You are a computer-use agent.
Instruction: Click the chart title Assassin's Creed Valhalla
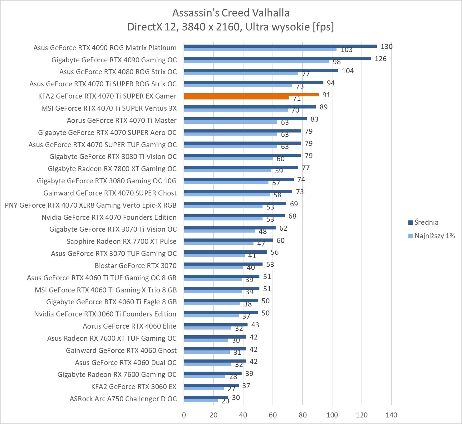coord(231,13)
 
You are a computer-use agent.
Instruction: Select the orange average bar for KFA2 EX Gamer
coord(251,95)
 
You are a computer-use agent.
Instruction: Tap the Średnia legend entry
coord(426,223)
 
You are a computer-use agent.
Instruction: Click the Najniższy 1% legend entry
coord(435,236)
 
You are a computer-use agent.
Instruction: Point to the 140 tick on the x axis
coord(391,415)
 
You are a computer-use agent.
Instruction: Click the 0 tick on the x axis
coord(184,415)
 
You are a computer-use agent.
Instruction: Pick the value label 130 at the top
coord(386,47)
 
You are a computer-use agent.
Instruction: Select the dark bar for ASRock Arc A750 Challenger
coord(206,397)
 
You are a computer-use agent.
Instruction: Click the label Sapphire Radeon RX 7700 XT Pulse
coord(121,242)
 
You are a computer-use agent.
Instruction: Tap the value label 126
coord(381,59)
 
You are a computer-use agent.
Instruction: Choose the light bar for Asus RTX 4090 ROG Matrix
coord(260,49)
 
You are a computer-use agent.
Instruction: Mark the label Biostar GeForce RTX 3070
coord(135,266)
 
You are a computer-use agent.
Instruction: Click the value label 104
coord(348,71)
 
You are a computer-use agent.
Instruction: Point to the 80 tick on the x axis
coord(302,415)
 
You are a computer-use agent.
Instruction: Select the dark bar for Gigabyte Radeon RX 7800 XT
coord(241,167)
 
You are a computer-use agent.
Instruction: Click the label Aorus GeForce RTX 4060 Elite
coord(130,326)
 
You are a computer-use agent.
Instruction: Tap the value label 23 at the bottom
coord(225,401)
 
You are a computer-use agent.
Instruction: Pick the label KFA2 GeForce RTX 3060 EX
coord(134,387)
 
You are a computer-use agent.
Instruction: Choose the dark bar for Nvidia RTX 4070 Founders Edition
coord(234,216)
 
